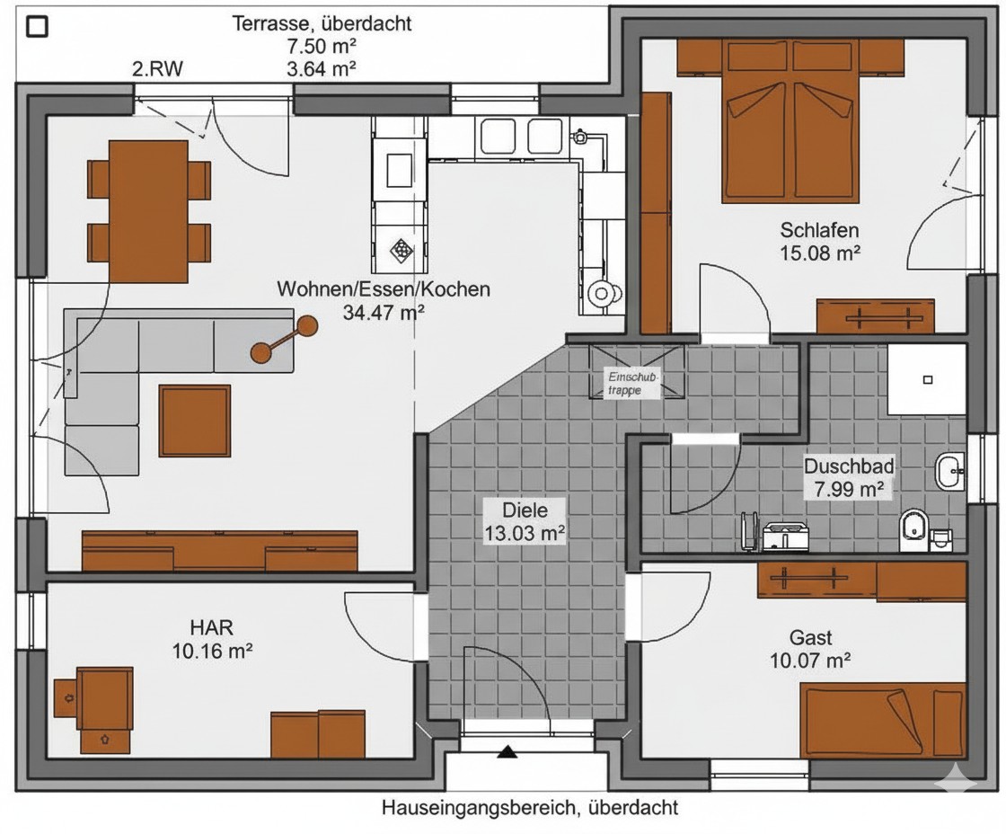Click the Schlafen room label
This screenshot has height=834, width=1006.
pyautogui.click(x=819, y=230)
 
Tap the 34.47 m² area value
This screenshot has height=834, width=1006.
pyautogui.click(x=383, y=313)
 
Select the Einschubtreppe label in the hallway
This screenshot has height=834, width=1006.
pyautogui.click(x=631, y=383)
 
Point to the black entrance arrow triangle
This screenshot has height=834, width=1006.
pyautogui.click(x=507, y=751)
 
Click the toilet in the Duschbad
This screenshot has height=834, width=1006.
pyautogui.click(x=913, y=530)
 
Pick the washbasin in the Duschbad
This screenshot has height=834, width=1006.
pyautogui.click(x=949, y=472)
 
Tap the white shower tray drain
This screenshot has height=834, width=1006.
pyautogui.click(x=927, y=379)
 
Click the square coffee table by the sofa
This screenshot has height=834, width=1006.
pyautogui.click(x=194, y=421)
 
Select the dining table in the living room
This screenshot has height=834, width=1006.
pyautogui.click(x=149, y=211)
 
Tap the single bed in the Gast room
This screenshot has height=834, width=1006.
pyautogui.click(x=883, y=721)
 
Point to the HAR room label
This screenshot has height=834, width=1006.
pyautogui.click(x=211, y=626)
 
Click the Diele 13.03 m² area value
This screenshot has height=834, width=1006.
pyautogui.click(x=525, y=534)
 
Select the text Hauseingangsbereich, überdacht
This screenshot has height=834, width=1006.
pyautogui.click(x=530, y=807)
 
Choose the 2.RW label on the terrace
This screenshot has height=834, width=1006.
pyautogui.click(x=157, y=68)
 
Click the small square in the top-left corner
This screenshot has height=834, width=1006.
pyautogui.click(x=37, y=26)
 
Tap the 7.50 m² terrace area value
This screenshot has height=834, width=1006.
pyautogui.click(x=322, y=46)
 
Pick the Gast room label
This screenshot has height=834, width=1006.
pyautogui.click(x=810, y=637)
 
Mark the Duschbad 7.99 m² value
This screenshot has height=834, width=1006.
pyautogui.click(x=849, y=489)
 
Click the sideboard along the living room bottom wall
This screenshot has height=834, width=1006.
pyautogui.click(x=219, y=551)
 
